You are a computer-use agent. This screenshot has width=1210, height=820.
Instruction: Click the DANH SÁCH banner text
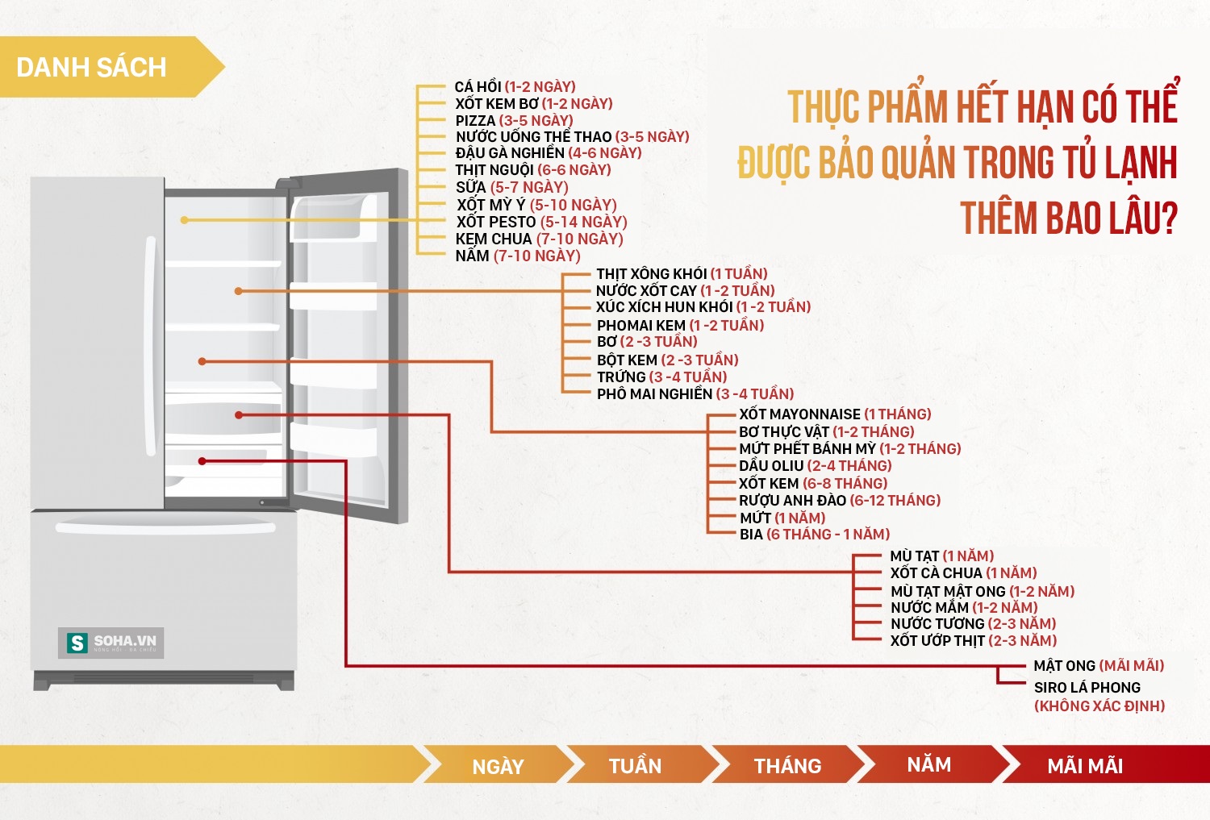tap(91, 68)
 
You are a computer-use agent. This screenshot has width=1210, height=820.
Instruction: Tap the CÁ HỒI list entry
tap(515, 86)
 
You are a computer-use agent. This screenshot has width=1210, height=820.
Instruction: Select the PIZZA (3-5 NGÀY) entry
tap(514, 120)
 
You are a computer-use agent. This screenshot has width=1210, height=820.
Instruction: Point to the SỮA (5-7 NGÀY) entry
tap(511, 187)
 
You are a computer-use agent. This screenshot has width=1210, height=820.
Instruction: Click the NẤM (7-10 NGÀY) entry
tap(518, 256)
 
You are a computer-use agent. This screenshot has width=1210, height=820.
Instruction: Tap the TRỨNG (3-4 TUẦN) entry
tap(661, 377)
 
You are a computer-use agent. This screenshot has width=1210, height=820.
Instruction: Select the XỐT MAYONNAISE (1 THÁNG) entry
tap(835, 414)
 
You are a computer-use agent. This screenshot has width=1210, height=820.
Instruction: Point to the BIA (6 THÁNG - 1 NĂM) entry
tap(815, 534)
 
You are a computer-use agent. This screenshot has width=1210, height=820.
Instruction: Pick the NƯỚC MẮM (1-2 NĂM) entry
tap(964, 607)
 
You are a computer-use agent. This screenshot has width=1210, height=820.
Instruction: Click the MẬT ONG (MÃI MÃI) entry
tap(1099, 665)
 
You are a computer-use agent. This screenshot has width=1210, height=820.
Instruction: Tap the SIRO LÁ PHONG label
tap(1087, 687)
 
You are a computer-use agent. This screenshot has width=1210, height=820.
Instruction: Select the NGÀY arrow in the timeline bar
tap(498, 764)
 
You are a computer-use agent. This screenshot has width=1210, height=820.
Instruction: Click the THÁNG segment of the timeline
tap(787, 764)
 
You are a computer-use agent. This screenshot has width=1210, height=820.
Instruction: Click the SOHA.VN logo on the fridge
tap(111, 643)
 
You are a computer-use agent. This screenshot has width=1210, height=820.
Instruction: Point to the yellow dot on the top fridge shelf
tap(184, 220)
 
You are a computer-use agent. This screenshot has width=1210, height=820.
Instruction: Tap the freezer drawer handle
tap(165, 527)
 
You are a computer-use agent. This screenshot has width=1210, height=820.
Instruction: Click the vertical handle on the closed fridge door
tap(150, 345)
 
